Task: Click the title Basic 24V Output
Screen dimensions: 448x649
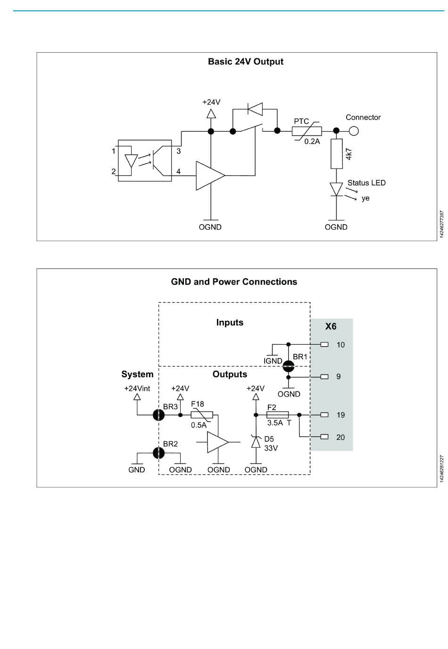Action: coord(246,62)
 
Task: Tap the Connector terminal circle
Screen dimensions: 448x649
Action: coord(353,131)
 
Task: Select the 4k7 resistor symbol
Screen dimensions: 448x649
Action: coord(337,154)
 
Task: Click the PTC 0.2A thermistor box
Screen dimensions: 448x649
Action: coord(307,131)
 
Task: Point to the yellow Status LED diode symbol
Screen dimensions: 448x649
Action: coord(336,189)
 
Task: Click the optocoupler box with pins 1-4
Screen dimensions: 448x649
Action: coord(144,161)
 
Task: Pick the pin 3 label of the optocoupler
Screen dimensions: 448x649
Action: coord(178,151)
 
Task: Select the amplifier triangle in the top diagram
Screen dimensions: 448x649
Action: coord(210,176)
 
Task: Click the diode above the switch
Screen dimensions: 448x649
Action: coord(255,109)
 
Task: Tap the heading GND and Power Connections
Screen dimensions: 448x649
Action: coord(234,282)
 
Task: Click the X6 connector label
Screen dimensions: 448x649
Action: coord(331,326)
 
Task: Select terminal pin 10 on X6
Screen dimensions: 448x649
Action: coord(324,344)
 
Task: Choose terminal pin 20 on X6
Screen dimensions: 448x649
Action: coord(324,437)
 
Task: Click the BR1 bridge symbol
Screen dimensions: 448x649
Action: coord(288,366)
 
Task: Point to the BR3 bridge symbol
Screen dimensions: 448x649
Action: coord(158,415)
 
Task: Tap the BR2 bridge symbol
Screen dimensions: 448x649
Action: coord(158,453)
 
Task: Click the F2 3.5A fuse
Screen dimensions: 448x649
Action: coord(277,414)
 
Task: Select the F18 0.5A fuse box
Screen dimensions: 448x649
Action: coord(202,415)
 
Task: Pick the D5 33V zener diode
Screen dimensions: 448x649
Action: coord(256,442)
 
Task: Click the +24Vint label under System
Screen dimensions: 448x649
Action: coord(137,389)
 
